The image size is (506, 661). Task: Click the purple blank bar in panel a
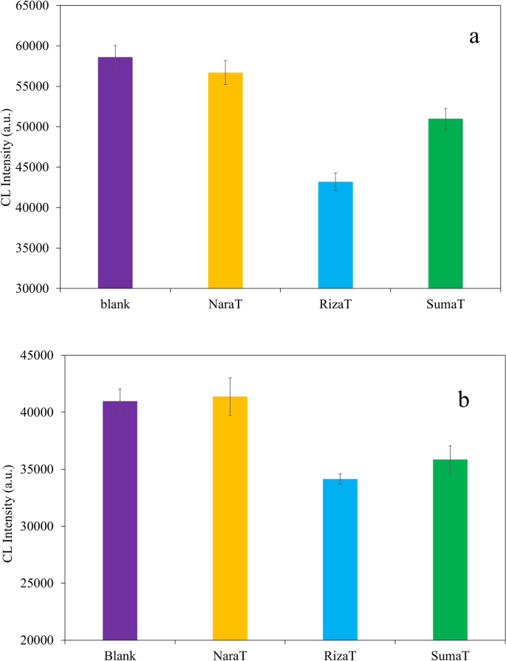pos(115,173)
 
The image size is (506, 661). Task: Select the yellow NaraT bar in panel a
pos(225,180)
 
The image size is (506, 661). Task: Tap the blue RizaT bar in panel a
pos(335,235)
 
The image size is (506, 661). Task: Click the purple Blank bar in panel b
pos(120,520)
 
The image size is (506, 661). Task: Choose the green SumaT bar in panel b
pos(450,550)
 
